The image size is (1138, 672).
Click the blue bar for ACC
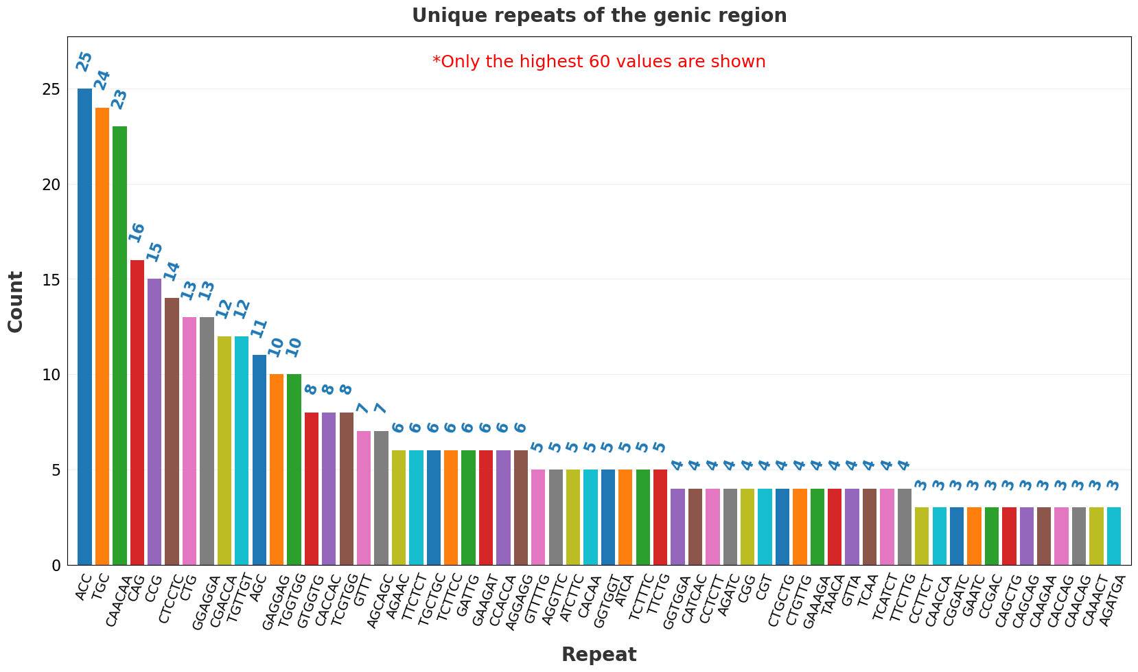point(85,327)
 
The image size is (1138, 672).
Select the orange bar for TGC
point(102,336)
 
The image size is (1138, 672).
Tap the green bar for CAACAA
point(120,345)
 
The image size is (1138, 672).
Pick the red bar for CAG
point(137,412)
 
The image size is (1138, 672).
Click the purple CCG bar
point(154,421)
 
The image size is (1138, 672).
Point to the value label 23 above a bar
point(119,100)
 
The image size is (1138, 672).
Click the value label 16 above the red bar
point(137,233)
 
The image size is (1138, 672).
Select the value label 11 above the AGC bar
point(259,328)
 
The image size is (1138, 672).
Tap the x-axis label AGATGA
point(1114,600)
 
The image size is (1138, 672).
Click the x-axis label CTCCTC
point(171,600)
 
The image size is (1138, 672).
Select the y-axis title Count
point(16,302)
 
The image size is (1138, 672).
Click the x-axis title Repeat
point(599,655)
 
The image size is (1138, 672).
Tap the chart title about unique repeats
point(599,16)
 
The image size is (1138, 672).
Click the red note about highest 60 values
point(599,62)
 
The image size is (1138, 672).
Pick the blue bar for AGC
point(259,460)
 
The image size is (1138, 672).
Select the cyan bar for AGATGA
point(1114,536)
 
